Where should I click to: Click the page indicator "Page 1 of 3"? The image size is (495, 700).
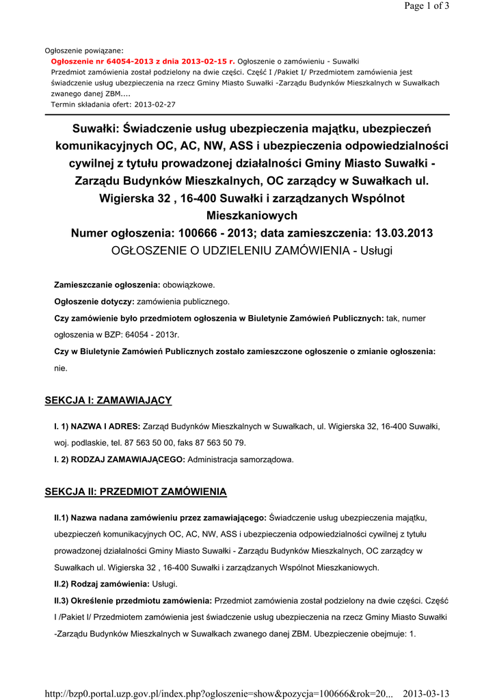pos(427,6)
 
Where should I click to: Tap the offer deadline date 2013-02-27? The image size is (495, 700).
pos(154,105)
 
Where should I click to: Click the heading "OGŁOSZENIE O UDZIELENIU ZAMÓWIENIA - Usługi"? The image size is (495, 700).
pos(252,251)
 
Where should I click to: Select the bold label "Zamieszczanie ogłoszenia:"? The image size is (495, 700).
pos(107,284)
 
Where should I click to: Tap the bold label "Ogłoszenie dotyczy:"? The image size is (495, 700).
pos(94,301)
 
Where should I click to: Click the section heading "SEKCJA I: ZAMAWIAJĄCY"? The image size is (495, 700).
pos(108,400)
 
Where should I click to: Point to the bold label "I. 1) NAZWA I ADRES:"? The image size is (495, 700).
pos(97,426)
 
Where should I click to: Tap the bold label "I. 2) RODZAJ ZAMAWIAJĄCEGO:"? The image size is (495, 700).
pos(120,459)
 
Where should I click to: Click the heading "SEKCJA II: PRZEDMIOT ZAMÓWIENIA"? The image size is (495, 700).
pos(135,492)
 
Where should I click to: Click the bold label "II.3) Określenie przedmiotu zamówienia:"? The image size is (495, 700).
pos(133,601)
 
